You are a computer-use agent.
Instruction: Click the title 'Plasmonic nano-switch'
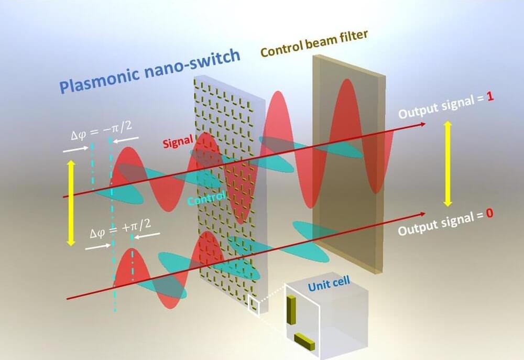[x=149, y=73]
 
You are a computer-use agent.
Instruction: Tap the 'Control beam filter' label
[x=314, y=43]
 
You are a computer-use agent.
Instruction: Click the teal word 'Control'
[x=208, y=198]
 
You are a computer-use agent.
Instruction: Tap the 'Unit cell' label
[x=329, y=286]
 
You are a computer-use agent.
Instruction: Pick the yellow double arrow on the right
[x=448, y=162]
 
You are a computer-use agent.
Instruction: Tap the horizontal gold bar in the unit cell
[x=304, y=341]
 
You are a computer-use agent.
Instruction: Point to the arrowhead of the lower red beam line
[x=422, y=214]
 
